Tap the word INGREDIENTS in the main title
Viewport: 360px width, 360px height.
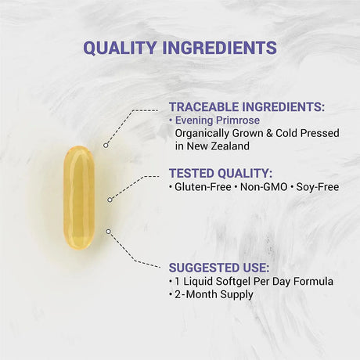[x=221, y=48]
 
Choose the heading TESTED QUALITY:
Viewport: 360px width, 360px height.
[x=221, y=173]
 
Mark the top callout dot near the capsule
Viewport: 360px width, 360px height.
[x=106, y=145]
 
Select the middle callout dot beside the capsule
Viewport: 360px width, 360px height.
[x=110, y=200]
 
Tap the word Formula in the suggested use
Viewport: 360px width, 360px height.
[x=312, y=280]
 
